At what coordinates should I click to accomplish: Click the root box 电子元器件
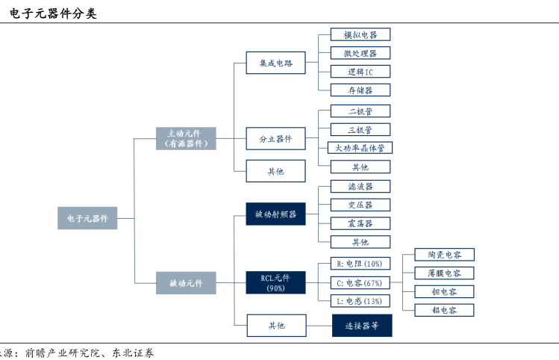(87, 218)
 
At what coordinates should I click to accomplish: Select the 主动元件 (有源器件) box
(186, 138)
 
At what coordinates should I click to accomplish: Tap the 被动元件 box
(186, 283)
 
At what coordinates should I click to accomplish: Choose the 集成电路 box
(275, 63)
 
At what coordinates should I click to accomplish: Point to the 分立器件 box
(275, 139)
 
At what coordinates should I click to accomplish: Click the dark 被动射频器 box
(275, 214)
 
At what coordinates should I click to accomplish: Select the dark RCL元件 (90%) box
(275, 283)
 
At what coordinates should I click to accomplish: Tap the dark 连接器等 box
(361, 326)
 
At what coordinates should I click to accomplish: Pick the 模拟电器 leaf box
(360, 34)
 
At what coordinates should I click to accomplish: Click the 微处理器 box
(360, 53)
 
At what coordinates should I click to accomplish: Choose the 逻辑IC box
(360, 72)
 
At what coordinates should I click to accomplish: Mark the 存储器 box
(360, 90)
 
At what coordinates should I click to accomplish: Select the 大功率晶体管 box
(360, 148)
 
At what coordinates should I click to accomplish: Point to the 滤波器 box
(360, 186)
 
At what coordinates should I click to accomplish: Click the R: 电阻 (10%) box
(360, 264)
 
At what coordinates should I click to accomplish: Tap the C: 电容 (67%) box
(360, 282)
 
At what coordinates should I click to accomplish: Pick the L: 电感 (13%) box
(360, 301)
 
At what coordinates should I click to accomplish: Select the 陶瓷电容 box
(444, 255)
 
